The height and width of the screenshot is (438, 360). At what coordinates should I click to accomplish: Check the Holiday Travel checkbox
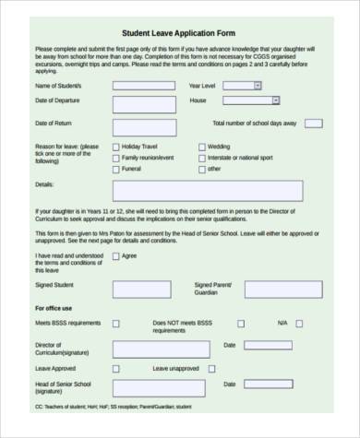(115, 147)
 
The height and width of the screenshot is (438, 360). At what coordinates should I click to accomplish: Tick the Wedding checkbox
(202, 147)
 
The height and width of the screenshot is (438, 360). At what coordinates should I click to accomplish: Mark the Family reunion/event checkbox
(115, 158)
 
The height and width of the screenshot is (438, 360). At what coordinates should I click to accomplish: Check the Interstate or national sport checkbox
(202, 158)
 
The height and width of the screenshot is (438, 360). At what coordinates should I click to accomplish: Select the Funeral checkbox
(115, 170)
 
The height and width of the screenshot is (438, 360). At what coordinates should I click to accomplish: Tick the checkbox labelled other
(202, 170)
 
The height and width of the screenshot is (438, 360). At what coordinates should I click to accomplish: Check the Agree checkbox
(114, 255)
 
